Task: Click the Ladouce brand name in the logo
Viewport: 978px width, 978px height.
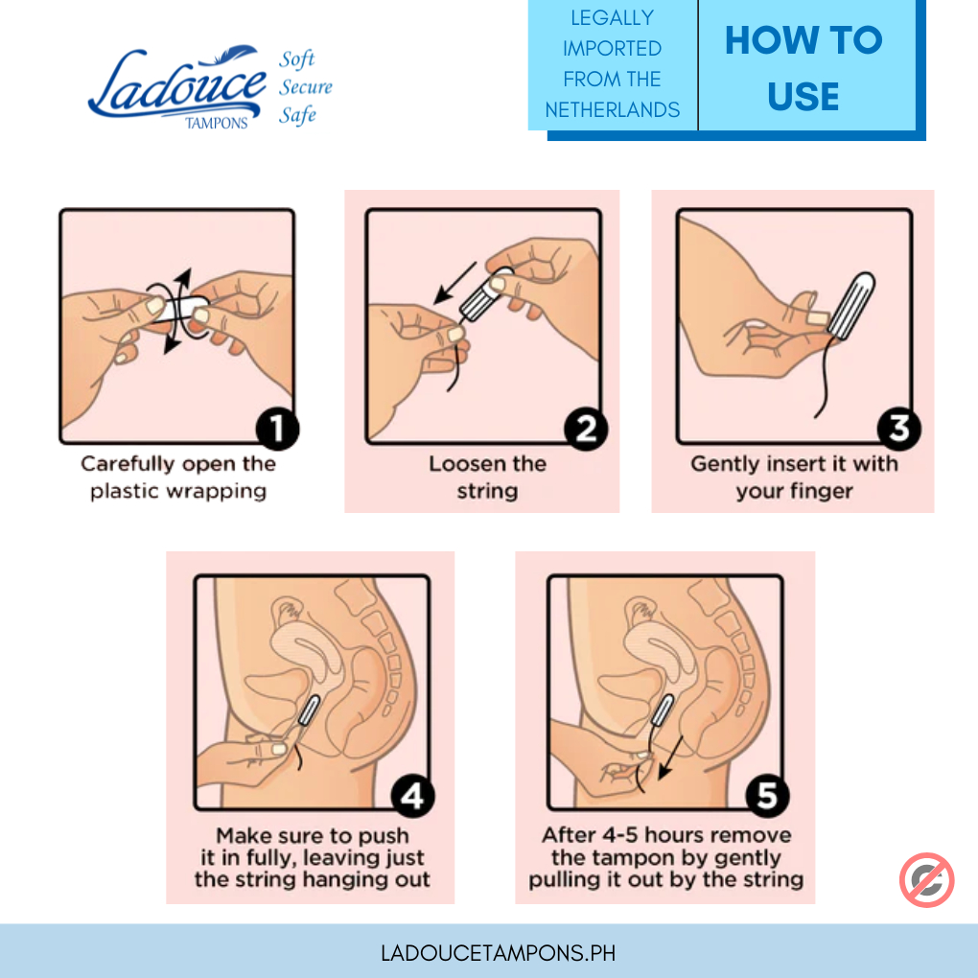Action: [x=177, y=84]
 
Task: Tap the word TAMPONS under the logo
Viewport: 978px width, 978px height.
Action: [x=217, y=123]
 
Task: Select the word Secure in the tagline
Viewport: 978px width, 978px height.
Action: [x=306, y=86]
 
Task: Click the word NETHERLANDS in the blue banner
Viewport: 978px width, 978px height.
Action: [x=613, y=109]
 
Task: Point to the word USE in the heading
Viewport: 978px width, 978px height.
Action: [x=803, y=97]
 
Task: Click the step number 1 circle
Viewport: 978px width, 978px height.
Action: [x=277, y=429]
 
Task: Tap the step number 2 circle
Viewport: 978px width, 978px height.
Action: [x=586, y=429]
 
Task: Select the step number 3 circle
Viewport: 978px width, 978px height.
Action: [x=898, y=429]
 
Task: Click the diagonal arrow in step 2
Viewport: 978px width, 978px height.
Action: [x=454, y=283]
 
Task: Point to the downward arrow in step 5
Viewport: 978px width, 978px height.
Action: [x=670, y=757]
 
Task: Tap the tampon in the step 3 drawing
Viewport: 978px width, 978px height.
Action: [x=850, y=306]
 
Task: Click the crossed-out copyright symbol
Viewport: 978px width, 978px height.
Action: [x=926, y=879]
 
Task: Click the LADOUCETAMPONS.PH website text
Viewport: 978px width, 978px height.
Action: [x=498, y=953]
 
